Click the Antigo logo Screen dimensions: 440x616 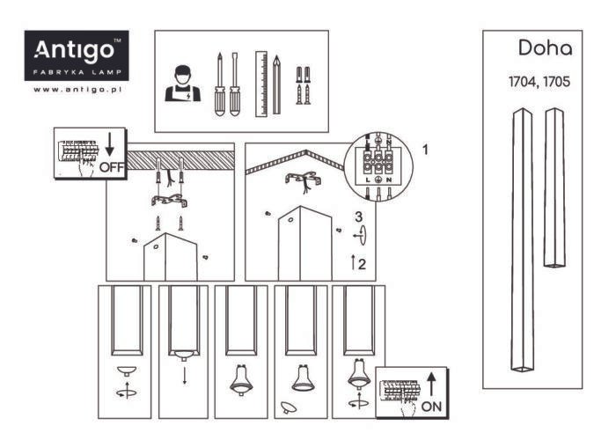pos(77,55)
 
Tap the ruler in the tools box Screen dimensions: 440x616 pos(260,84)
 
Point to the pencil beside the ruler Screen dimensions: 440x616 pos(277,84)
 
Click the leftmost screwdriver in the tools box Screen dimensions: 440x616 pos(217,84)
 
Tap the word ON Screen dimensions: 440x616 pos(432,407)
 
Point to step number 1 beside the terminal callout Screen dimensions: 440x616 pos(427,149)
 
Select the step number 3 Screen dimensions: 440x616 pos(358,216)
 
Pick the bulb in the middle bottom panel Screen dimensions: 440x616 pos(241,378)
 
